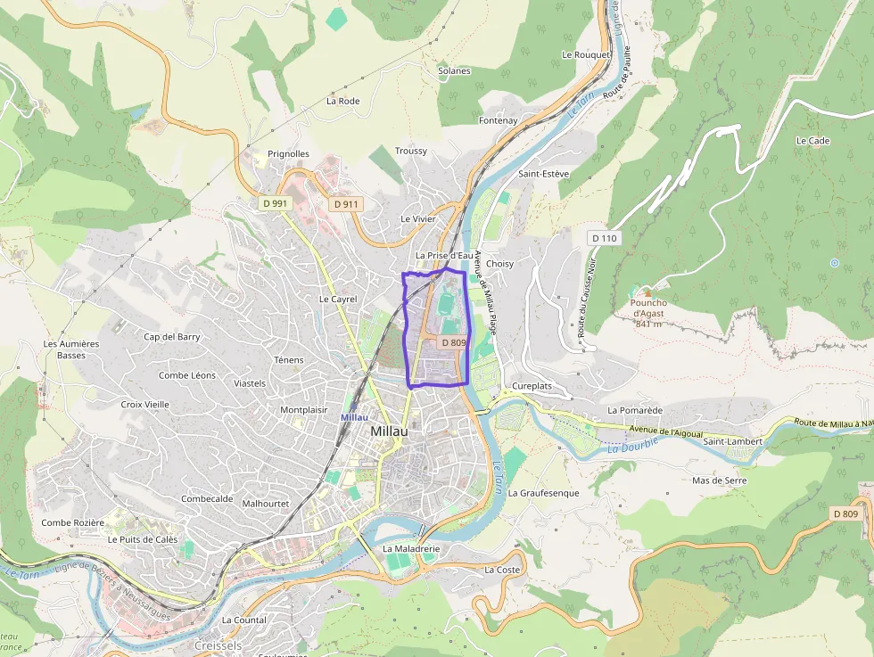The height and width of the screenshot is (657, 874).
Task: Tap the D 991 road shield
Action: coord(276,203)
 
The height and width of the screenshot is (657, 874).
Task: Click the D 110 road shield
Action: coord(604,238)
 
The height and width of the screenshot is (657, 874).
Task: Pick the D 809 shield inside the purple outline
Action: coord(454,342)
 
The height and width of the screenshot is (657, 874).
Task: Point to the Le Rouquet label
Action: coord(586,54)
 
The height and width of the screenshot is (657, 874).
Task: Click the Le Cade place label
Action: coord(812,141)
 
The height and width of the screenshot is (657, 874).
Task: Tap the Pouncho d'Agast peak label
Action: coord(648,308)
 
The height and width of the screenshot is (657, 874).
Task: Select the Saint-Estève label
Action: coord(543,174)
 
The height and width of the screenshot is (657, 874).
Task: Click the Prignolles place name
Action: coord(288,154)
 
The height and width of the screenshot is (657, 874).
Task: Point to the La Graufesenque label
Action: coord(543,493)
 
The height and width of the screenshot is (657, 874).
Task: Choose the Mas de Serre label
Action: coord(719,480)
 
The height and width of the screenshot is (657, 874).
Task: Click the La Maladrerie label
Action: coord(411,549)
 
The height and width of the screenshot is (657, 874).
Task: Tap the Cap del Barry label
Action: coord(172,337)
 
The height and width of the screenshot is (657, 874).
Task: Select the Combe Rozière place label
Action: coord(72,522)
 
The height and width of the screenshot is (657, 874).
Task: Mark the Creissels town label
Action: coord(217,645)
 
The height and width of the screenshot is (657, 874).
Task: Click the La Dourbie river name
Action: coord(632,444)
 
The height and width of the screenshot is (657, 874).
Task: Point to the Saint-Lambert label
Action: coord(732,441)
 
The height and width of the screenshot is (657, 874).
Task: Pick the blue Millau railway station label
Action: coord(353,417)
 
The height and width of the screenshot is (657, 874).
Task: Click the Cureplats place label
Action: coord(532,386)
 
